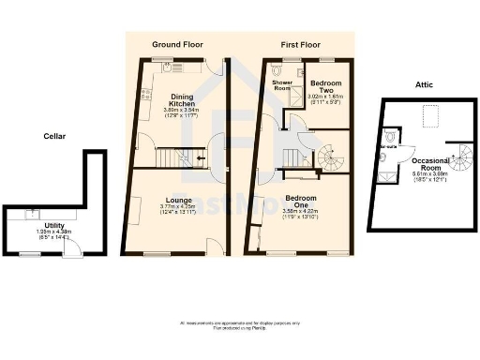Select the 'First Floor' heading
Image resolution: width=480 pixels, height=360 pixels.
(301, 44)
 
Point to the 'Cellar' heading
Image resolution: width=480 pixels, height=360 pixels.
(54, 135)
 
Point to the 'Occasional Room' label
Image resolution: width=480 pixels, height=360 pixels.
(430, 165)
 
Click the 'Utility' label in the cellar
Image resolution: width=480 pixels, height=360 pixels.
(53, 225)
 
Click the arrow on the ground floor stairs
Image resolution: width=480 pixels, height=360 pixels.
(199, 159)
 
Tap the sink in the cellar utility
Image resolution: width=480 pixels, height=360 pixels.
(35, 213)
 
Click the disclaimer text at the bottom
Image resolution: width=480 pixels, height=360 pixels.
(240, 325)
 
